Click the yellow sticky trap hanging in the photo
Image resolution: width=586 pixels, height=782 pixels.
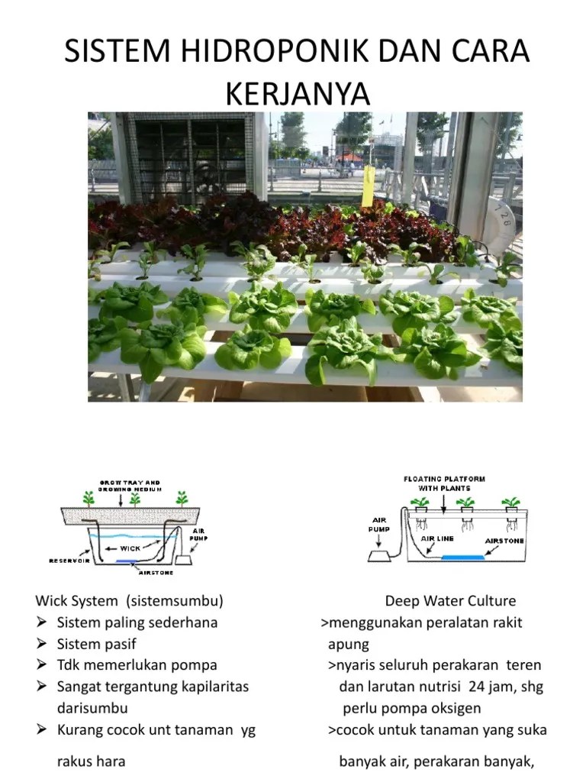pyautogui.click(x=369, y=186)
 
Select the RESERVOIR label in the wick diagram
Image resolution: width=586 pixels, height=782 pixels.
pyautogui.click(x=70, y=561)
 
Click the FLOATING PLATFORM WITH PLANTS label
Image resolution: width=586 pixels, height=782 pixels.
pyautogui.click(x=443, y=483)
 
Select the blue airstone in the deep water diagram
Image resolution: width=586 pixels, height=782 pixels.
pyautogui.click(x=463, y=557)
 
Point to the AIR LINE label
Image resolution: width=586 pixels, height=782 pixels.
pyautogui.click(x=437, y=538)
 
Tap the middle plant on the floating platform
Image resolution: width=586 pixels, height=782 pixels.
pyautogui.click(x=465, y=503)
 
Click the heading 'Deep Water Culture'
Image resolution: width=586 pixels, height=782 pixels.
pyautogui.click(x=450, y=601)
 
